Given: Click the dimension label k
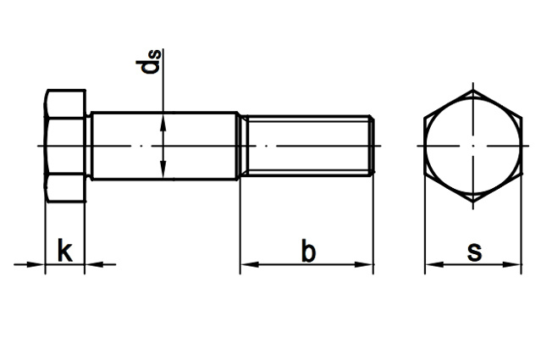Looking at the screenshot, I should (x=64, y=252).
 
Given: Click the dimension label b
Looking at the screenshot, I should (x=309, y=252).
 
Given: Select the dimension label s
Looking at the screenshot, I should (x=474, y=252).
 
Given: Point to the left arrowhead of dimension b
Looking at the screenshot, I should (x=248, y=265).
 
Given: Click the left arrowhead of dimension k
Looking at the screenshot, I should (x=37, y=265).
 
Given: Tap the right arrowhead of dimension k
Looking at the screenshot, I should (x=93, y=265).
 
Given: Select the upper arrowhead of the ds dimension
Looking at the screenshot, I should (x=164, y=121).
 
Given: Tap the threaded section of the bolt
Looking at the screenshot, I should (x=305, y=146).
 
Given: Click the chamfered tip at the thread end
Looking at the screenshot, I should (x=371, y=146).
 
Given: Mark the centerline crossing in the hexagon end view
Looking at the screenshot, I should (x=472, y=146).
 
